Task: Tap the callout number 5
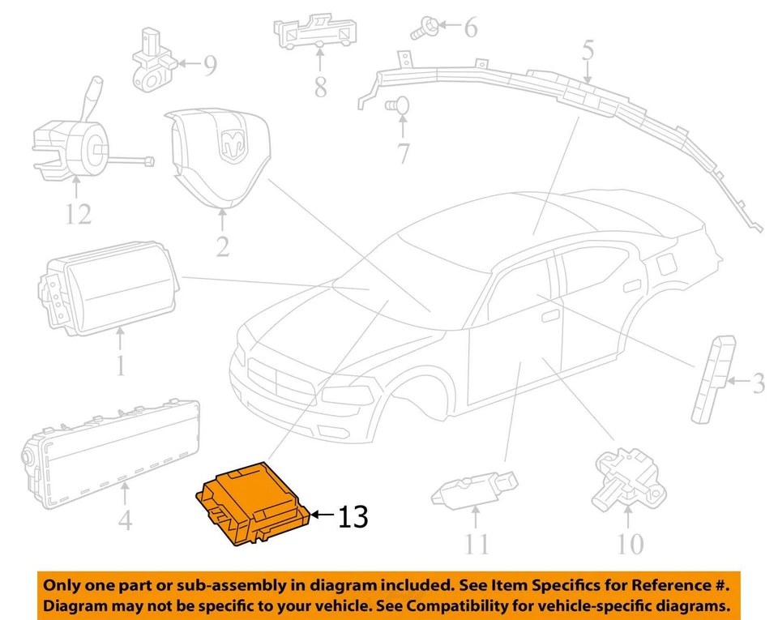[588, 53]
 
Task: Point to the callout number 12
[79, 214]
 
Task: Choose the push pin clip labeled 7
[397, 105]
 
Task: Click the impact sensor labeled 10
[627, 475]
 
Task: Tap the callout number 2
[223, 244]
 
